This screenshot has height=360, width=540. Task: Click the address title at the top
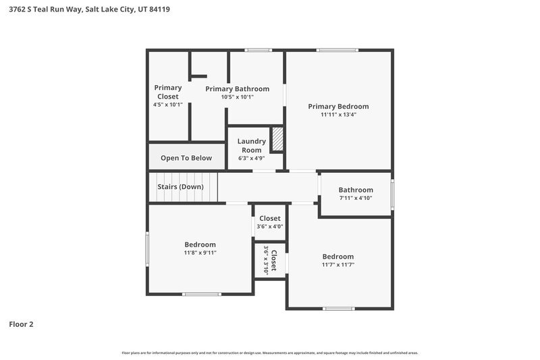(x=93, y=9)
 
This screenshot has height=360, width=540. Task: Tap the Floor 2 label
(x=21, y=324)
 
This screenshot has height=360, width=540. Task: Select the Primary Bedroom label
(x=338, y=106)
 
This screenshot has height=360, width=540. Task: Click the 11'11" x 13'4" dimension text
(x=338, y=115)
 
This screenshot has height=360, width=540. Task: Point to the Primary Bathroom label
(x=237, y=88)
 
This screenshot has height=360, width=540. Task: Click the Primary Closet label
(x=167, y=92)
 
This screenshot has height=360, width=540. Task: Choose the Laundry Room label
(x=251, y=145)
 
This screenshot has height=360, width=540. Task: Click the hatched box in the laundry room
(x=277, y=140)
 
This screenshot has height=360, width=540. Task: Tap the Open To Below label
(x=186, y=158)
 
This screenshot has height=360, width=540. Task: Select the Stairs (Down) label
(x=180, y=186)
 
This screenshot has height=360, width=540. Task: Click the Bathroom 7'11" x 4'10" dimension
(x=355, y=199)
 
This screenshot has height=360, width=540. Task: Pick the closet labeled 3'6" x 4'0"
(x=269, y=222)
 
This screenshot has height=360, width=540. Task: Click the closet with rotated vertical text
(x=270, y=260)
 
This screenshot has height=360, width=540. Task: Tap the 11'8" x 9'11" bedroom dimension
(x=200, y=253)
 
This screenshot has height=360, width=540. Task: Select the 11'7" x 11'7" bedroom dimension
(x=337, y=265)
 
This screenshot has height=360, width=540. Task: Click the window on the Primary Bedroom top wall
(x=338, y=50)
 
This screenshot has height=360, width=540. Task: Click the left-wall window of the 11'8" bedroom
(x=148, y=249)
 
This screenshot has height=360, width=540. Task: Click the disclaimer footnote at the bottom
(x=269, y=353)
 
